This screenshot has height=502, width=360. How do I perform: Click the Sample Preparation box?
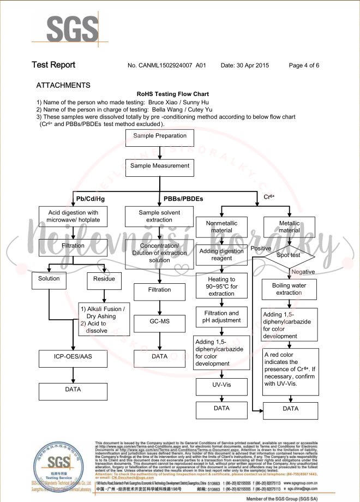click(160, 136)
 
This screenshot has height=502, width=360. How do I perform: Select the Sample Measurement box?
click(160, 166)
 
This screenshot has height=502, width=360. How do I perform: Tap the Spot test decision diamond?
click(289, 255)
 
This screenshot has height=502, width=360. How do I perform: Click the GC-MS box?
click(160, 322)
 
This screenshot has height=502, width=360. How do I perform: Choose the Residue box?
click(104, 279)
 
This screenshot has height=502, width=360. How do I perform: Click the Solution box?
click(49, 279)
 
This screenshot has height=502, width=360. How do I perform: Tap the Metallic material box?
click(289, 227)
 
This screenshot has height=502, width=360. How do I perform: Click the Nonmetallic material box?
click(221, 227)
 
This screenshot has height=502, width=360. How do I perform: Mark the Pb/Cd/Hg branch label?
click(91, 199)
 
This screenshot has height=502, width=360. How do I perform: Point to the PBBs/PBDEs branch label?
click(183, 199)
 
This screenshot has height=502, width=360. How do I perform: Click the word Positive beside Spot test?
click(261, 248)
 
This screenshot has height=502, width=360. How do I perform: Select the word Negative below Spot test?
click(303, 272)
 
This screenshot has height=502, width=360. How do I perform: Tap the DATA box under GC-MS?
click(160, 357)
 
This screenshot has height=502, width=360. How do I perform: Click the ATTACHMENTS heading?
click(63, 86)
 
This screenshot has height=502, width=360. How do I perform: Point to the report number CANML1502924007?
click(169, 65)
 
